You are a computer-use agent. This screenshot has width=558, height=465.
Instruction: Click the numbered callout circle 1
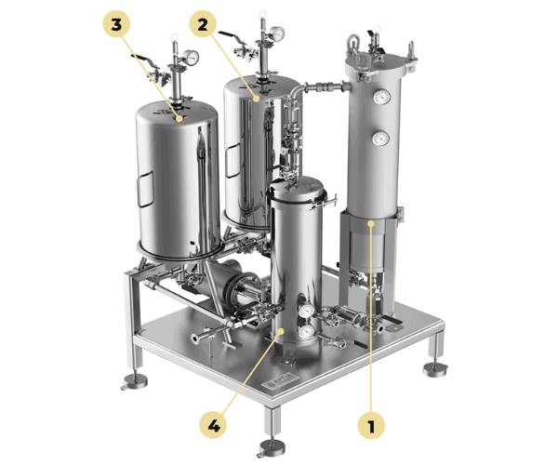[371, 425]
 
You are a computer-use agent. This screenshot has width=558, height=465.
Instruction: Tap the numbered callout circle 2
[203, 24]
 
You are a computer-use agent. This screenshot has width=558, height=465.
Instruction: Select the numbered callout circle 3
[116, 24]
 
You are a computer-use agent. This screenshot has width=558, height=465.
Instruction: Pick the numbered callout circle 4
[213, 425]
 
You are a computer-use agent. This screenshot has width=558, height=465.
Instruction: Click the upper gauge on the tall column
[381, 97]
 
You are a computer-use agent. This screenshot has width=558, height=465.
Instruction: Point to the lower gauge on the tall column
[380, 138]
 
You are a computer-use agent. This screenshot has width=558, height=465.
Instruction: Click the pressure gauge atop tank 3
[191, 58]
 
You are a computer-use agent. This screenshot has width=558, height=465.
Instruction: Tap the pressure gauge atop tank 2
[276, 33]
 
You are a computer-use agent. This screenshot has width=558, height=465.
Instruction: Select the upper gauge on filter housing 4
[306, 311]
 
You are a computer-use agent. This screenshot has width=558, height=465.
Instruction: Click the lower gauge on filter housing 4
[306, 331]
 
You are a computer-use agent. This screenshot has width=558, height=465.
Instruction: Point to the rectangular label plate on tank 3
[146, 189]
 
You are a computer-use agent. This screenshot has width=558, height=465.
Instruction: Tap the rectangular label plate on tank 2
[233, 160]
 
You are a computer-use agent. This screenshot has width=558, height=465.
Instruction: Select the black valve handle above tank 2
[231, 36]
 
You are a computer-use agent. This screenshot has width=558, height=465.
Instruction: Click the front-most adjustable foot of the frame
[272, 447]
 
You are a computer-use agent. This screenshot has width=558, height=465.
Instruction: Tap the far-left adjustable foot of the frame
[135, 381]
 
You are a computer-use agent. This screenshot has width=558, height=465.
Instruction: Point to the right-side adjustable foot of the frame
[435, 369]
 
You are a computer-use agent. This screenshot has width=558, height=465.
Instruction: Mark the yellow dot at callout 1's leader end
[371, 223]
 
